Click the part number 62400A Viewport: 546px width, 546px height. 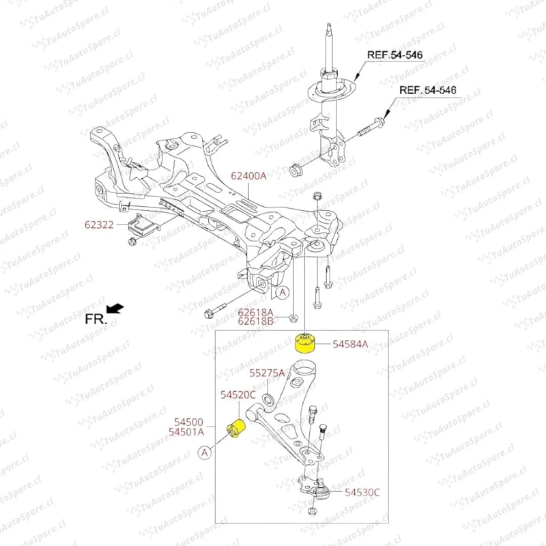248,176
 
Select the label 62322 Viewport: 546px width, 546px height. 99,225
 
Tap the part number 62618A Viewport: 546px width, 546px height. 255,312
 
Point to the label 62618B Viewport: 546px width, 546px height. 255,321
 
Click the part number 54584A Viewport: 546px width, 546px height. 350,344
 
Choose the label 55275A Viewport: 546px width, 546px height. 267,373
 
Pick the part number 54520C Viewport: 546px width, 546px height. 238,394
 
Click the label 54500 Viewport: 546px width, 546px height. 188,422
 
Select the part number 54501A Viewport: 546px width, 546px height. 186,432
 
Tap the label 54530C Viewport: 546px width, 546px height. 362,492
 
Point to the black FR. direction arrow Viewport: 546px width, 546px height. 115,308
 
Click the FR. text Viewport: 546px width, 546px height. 96,319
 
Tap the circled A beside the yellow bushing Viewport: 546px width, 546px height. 204,452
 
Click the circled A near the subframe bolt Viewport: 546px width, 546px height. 283,293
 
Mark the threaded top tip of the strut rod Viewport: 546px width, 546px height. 329,25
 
